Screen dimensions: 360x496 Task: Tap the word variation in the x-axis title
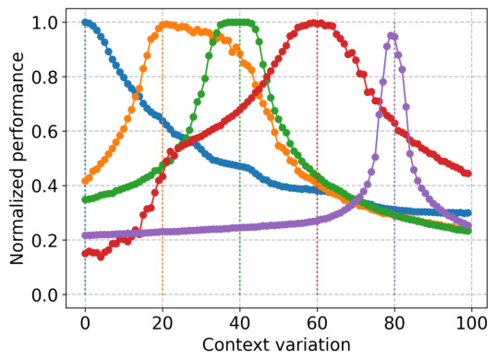310,344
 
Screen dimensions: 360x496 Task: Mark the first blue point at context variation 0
85,22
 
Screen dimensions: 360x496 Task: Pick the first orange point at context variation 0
85,181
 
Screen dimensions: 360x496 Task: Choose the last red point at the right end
468,174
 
